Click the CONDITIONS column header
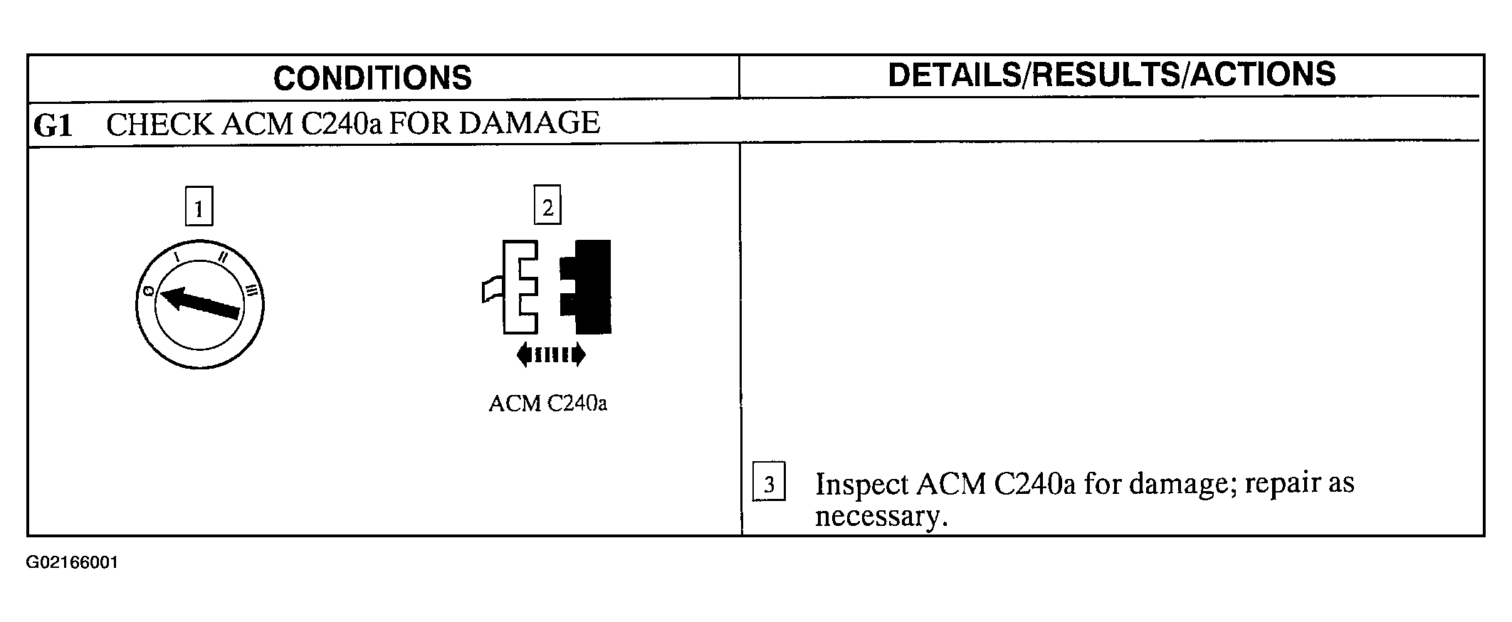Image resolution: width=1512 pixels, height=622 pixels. click(372, 78)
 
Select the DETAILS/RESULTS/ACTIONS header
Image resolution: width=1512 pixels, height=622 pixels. click(1111, 75)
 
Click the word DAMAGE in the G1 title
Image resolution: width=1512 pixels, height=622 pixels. click(529, 123)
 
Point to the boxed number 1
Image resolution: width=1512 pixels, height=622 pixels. click(199, 207)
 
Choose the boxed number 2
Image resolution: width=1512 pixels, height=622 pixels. click(547, 206)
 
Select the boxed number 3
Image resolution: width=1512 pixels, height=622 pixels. click(769, 483)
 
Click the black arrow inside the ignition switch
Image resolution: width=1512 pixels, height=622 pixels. click(200, 301)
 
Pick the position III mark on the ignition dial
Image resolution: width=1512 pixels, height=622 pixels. click(251, 290)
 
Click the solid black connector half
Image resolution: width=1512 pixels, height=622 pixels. click(588, 287)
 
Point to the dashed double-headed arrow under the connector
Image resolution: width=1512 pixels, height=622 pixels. click(551, 354)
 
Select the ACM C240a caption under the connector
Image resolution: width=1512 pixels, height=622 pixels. click(547, 404)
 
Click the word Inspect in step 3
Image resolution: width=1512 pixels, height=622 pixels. click(861, 484)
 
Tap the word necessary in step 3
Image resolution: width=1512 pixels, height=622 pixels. click(881, 517)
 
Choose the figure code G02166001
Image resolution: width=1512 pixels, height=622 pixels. click(72, 563)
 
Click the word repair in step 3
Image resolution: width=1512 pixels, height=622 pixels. click(1272, 483)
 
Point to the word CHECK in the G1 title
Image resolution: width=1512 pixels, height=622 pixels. click(159, 125)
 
